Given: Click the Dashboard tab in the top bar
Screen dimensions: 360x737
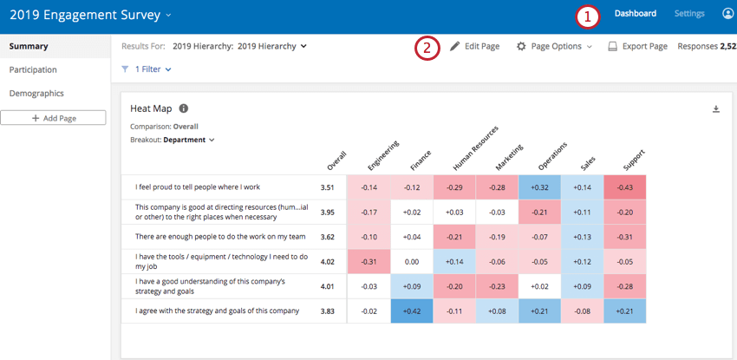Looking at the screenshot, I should click(635, 14).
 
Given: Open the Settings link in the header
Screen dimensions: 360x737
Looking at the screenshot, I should click(689, 14).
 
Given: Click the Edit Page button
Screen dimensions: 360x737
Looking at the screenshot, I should click(474, 46).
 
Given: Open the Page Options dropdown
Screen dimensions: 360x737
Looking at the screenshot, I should click(554, 46).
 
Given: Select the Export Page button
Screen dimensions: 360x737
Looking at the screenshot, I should click(637, 46).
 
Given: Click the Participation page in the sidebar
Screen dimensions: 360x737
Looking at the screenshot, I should click(33, 69).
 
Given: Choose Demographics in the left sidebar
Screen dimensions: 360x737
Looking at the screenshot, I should click(36, 93).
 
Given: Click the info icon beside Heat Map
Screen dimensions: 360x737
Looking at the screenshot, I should click(184, 108).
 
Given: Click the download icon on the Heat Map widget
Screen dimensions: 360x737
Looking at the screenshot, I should click(716, 108).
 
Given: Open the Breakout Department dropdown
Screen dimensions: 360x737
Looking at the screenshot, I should click(188, 140).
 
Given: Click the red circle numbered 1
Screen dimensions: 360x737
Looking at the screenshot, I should click(589, 16).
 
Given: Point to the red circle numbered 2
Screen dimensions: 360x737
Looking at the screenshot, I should click(426, 48).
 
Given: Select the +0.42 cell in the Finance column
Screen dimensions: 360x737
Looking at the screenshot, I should click(412, 311).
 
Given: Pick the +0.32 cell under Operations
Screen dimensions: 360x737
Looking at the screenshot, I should click(538, 187).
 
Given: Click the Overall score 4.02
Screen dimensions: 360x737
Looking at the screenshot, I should click(327, 261).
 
